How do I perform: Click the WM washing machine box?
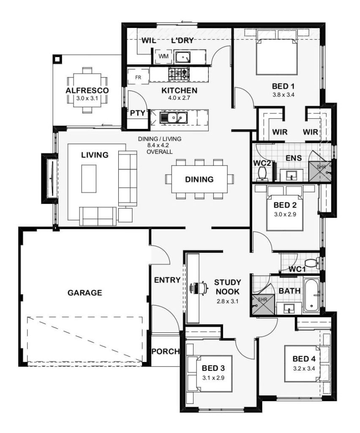point(164,57)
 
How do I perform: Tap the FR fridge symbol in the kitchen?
point(138,78)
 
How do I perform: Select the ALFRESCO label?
point(87,90)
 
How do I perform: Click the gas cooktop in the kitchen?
point(179,74)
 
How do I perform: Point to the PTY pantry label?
point(138,113)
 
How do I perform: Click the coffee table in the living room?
point(89,179)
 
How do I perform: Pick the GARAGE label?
point(85,293)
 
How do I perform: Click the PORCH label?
point(166,351)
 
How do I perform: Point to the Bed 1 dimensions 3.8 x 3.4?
point(284,95)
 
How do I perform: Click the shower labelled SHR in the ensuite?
point(320,172)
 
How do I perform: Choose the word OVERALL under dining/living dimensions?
point(159,152)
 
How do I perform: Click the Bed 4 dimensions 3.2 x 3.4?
point(304,368)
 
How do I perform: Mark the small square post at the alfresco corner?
point(57,59)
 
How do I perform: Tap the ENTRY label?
point(167,280)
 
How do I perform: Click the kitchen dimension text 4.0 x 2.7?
point(179,98)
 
